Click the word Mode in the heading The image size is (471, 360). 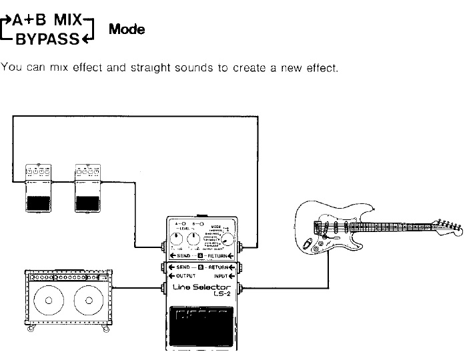click(127, 30)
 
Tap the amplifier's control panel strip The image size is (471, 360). click(67, 275)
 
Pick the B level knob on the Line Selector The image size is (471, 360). click(194, 241)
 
